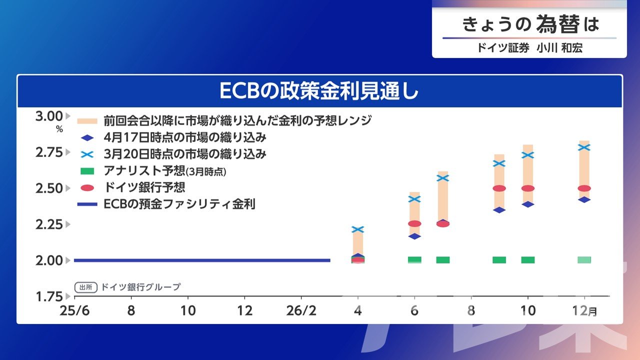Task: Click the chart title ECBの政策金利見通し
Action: tap(319, 91)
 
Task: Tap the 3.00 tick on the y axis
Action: tap(49, 116)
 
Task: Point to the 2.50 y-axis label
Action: tap(49, 188)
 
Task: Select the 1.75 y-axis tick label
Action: tap(49, 296)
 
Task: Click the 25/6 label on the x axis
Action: tap(74, 311)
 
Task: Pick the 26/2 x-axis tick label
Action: tap(301, 311)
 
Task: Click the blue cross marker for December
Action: tap(584, 147)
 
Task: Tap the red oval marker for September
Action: tap(499, 188)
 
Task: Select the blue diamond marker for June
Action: tap(414, 236)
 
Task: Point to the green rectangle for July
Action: tap(443, 260)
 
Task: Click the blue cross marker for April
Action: tap(357, 229)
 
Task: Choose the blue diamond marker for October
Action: tap(527, 204)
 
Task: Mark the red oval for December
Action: tap(584, 188)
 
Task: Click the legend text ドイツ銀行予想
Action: tap(144, 187)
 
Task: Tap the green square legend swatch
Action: tap(87, 171)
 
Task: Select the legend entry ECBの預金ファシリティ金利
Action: tap(179, 204)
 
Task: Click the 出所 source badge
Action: tap(86, 287)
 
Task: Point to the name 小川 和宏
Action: tap(559, 48)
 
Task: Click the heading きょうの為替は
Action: tap(530, 24)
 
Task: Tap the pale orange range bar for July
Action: tap(443, 197)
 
